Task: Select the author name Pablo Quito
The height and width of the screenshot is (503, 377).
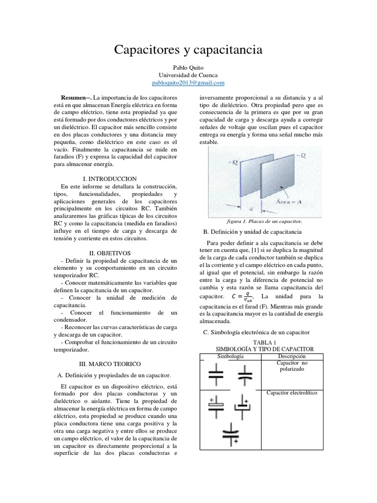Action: tap(188, 67)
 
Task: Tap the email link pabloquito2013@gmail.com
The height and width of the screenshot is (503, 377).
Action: tap(188, 83)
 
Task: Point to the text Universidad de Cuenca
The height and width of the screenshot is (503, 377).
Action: tap(188, 75)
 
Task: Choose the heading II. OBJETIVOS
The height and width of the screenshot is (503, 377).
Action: tap(110, 252)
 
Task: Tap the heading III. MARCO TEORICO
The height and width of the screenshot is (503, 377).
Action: tap(110, 363)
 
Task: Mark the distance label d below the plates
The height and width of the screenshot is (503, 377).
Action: tap(251, 209)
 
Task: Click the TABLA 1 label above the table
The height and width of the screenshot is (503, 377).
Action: tap(265, 342)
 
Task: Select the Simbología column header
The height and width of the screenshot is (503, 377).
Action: tap(230, 356)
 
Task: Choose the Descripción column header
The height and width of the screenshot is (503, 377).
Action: tap(292, 356)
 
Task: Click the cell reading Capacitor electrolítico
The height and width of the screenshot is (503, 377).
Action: tap(292, 393)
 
